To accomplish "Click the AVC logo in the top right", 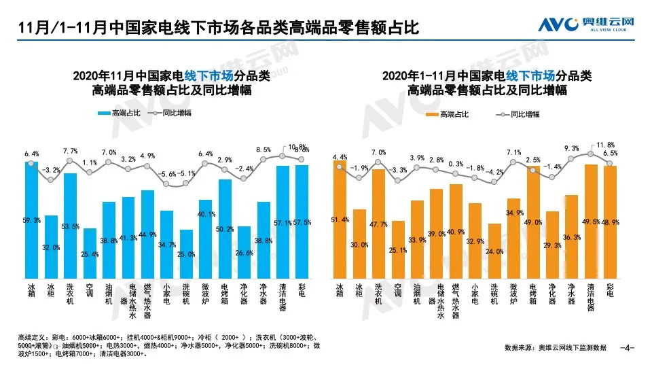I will pyautogui.click(x=586, y=25).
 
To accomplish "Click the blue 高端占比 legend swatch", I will pyautogui.click(x=103, y=114).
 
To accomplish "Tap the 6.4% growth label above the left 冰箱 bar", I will pyautogui.click(x=31, y=154).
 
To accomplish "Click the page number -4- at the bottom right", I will pyautogui.click(x=628, y=348).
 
